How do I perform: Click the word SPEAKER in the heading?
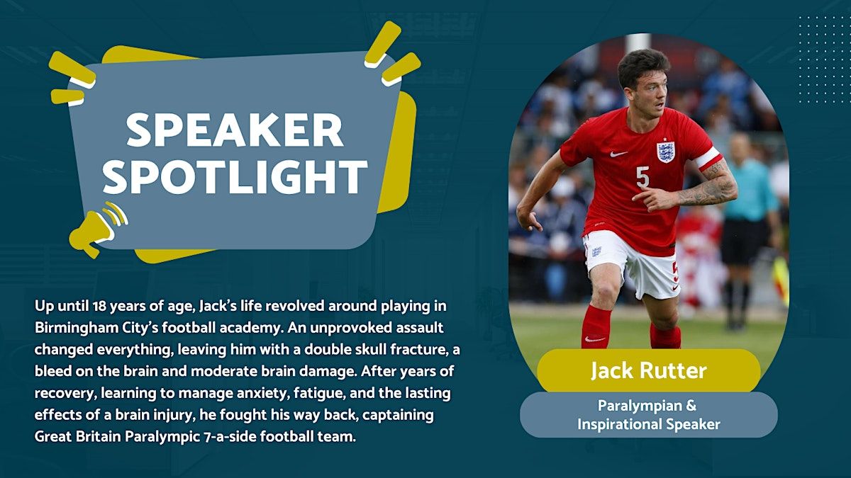click(235, 130)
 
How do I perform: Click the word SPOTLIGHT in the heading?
click(235, 176)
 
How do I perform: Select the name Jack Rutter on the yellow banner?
click(648, 370)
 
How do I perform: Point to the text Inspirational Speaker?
click(648, 424)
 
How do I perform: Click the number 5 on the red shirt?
click(643, 177)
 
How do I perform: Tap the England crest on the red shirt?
click(666, 151)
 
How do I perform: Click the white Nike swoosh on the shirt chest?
click(618, 154)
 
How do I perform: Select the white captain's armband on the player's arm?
click(709, 158)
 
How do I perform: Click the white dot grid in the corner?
click(823, 59)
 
